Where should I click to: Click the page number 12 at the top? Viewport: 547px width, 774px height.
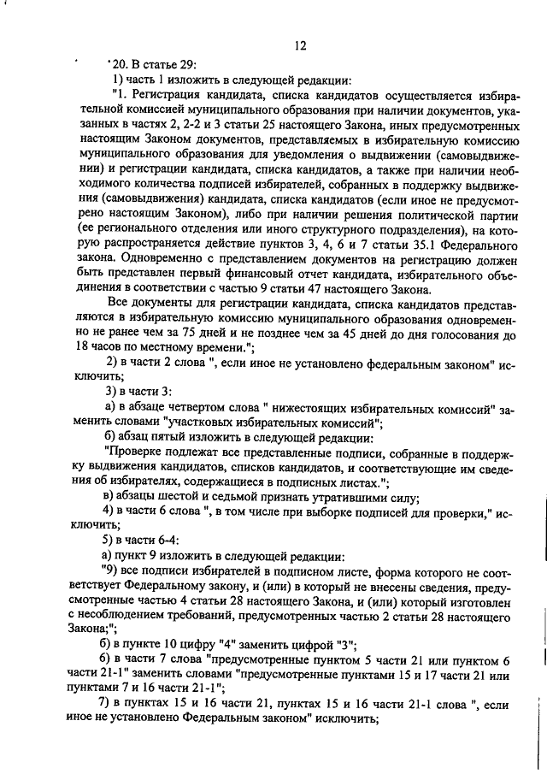[x=298, y=45]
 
